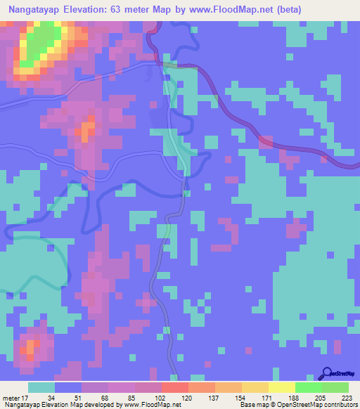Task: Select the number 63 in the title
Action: coord(124,9)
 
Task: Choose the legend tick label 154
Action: coord(241,398)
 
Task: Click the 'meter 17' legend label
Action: coord(15,398)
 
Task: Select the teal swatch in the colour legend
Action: coord(41,387)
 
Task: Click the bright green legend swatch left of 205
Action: coord(308,387)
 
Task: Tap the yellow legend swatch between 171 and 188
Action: coord(281,387)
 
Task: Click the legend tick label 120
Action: coord(188,398)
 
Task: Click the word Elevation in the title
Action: coord(89,9)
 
